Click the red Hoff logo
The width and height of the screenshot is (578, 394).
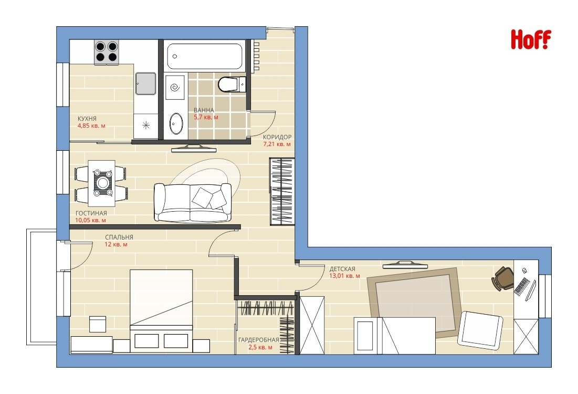coord(531,39)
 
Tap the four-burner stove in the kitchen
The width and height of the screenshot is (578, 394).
coord(106,52)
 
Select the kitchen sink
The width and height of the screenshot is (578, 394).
coord(145,84)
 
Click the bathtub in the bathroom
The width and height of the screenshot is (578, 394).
coord(205,56)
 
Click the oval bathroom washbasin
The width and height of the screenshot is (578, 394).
coord(176,124)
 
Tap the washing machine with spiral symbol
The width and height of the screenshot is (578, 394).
coord(175,87)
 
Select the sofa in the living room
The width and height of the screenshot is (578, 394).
coord(193,202)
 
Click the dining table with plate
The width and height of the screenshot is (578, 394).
coord(101,183)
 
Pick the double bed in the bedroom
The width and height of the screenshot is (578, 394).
coord(161,309)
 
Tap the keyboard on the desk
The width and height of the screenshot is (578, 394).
coord(522,286)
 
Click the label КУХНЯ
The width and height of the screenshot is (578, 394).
coord(87,119)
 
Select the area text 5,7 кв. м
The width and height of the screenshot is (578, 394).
coord(206,117)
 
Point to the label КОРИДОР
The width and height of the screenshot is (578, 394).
coord(277,137)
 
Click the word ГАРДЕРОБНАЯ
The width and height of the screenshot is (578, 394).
coord(259,340)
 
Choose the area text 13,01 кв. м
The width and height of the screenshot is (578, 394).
coord(345,276)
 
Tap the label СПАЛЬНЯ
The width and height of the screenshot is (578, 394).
coord(119,237)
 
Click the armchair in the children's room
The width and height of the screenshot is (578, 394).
coord(480,330)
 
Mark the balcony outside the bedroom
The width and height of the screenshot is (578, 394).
coord(41,287)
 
